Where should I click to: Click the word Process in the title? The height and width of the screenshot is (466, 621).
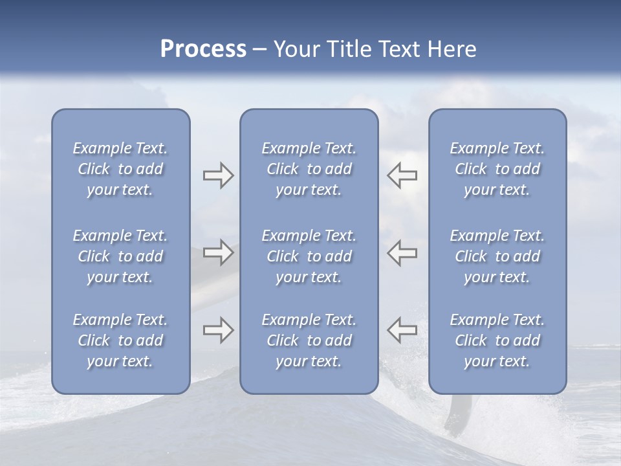[x=203, y=49]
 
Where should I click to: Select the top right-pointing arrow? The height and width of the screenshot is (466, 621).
[x=218, y=175]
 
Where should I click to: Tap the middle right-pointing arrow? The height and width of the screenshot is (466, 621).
[x=218, y=252]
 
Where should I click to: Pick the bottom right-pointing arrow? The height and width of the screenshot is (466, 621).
[x=218, y=331]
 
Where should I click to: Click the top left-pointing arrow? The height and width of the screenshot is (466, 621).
[x=402, y=175]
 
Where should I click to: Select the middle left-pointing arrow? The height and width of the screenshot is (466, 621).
[x=402, y=252]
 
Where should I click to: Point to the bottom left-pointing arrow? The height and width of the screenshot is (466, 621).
[x=402, y=331]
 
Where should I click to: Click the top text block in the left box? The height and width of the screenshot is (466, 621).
[x=120, y=169]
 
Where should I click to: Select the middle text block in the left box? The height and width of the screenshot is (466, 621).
[x=120, y=256]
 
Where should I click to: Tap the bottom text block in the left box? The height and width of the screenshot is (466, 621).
[x=120, y=340]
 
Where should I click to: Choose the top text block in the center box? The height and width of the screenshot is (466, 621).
[x=309, y=169]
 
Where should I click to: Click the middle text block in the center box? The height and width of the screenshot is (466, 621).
[x=309, y=256]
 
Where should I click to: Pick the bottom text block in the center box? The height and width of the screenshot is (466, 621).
[x=309, y=340]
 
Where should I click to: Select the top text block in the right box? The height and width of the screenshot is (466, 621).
[x=497, y=169]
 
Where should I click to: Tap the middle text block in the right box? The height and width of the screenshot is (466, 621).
[x=497, y=256]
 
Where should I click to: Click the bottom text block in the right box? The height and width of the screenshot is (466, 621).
[x=497, y=340]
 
